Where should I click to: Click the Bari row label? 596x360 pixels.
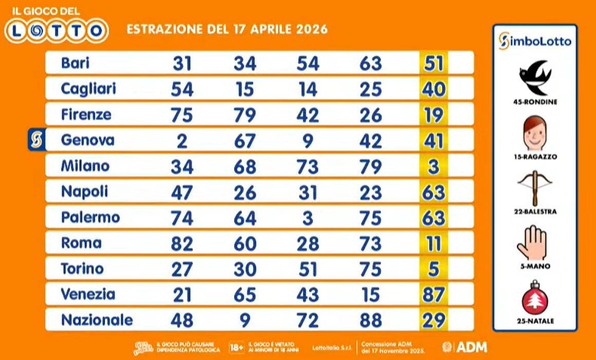click(x=75, y=63)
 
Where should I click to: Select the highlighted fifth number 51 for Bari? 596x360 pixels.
click(x=434, y=63)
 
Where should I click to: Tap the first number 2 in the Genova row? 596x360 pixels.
click(x=182, y=141)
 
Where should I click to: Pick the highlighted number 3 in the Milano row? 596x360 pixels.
click(x=434, y=166)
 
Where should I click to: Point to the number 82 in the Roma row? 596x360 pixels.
click(x=182, y=243)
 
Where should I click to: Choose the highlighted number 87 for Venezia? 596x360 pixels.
click(x=434, y=295)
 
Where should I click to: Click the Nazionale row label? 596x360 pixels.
click(x=97, y=320)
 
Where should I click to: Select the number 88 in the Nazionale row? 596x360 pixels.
click(x=371, y=320)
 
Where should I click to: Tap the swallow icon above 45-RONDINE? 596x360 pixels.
click(x=534, y=77)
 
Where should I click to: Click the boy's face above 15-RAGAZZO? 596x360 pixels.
click(x=534, y=132)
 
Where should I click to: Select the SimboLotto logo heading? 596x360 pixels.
click(x=534, y=41)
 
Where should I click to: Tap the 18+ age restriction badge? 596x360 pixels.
click(x=237, y=347)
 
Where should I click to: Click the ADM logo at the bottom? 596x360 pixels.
click(x=465, y=347)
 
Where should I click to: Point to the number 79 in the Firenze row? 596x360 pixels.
click(x=244, y=115)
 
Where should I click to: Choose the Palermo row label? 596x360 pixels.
click(x=90, y=218)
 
